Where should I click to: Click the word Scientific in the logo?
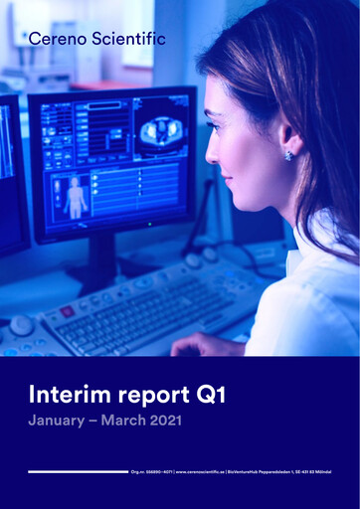[x=127, y=39]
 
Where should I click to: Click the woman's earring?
[x=289, y=155]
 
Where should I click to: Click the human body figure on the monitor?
[x=76, y=196]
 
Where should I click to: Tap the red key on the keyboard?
[x=67, y=310]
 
